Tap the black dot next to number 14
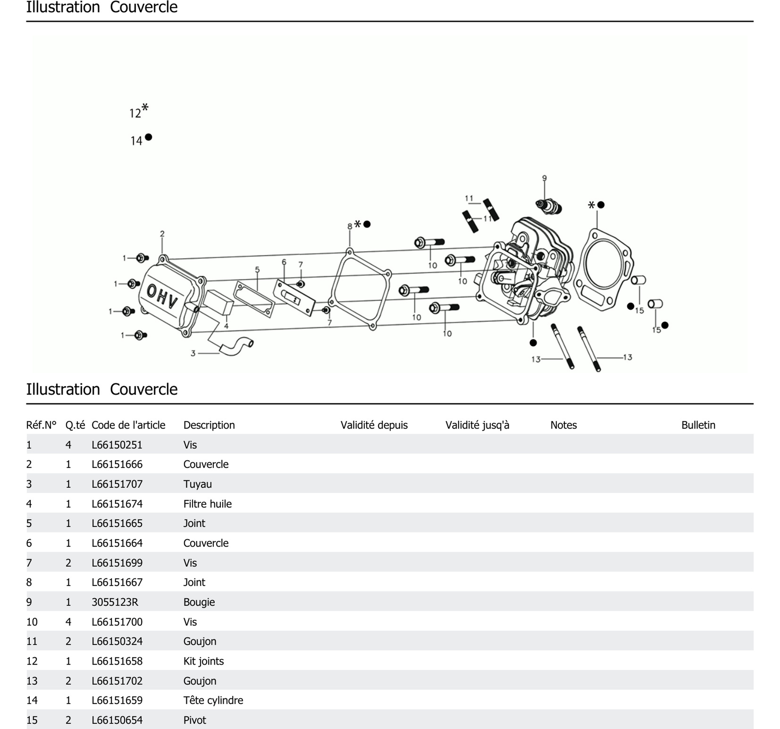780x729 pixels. click(148, 137)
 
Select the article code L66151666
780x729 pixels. click(117, 464)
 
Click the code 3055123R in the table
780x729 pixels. click(115, 602)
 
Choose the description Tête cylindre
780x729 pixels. click(213, 700)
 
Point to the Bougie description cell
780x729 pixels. click(199, 602)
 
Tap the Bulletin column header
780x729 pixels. click(698, 425)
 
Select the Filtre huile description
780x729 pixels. click(207, 504)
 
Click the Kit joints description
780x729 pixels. click(203, 661)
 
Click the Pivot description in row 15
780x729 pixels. click(195, 720)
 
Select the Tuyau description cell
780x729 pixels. click(197, 484)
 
